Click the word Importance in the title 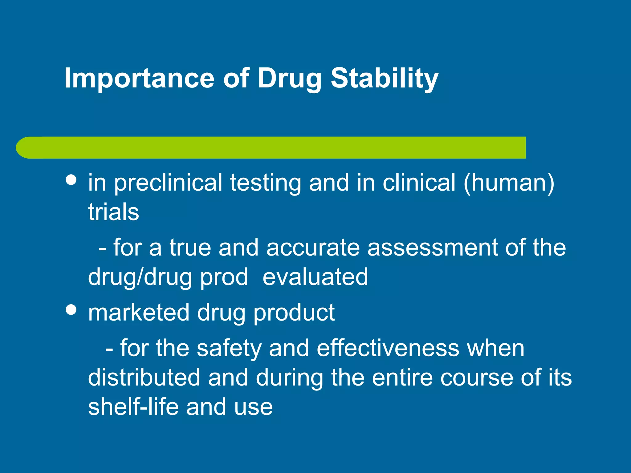click(139, 79)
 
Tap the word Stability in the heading click(384, 79)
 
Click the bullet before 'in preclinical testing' click(71, 180)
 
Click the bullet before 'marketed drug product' click(71, 310)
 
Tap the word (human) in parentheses click(509, 183)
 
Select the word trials click(113, 212)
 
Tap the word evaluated click(315, 277)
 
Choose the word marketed click(139, 313)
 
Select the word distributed click(144, 378)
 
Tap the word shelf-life click(133, 407)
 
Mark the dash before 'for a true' click(102, 248)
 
